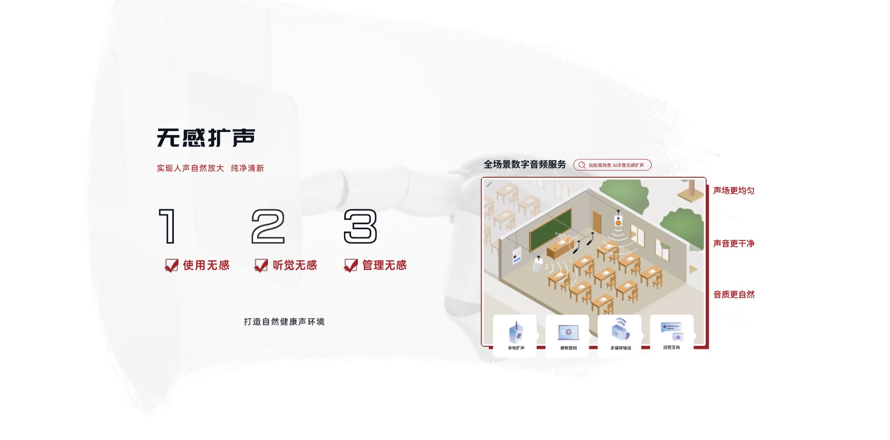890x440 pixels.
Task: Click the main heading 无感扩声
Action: pos(206,138)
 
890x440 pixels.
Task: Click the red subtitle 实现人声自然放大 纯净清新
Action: pos(210,168)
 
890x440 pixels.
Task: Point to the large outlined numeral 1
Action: pos(167,226)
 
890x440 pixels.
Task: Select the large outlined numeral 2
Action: pos(268,226)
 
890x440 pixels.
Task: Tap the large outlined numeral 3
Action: pos(360,226)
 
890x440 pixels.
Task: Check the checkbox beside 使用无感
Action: pos(172,265)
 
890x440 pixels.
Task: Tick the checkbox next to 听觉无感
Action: pos(261,265)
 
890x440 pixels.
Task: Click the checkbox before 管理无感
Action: pos(351,265)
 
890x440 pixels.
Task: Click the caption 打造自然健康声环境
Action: pos(284,322)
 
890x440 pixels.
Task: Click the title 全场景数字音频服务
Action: pos(525,164)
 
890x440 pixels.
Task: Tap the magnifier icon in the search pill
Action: pos(582,165)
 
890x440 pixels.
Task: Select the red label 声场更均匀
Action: pos(734,190)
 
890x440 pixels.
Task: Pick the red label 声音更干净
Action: pos(734,243)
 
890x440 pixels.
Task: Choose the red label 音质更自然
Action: pos(734,294)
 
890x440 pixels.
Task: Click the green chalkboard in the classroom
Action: pos(550,229)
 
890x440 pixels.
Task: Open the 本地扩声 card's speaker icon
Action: pos(516,332)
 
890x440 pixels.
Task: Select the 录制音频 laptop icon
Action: pos(568,333)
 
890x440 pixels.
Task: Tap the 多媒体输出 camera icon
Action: pos(621,330)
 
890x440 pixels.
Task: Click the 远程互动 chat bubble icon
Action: pos(672,331)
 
